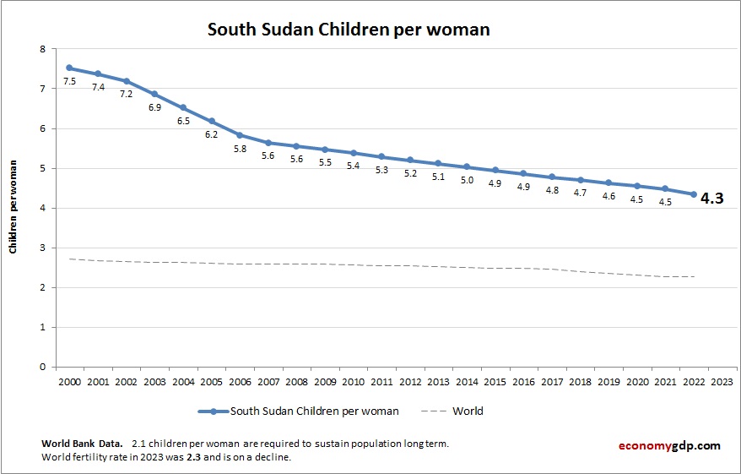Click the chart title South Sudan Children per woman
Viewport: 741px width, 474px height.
click(349, 30)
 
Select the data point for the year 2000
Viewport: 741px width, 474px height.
click(68, 68)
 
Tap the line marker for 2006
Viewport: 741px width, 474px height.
click(240, 134)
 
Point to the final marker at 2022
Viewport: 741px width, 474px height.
click(694, 194)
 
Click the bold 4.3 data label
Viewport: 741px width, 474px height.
click(712, 200)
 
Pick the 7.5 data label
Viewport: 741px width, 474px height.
click(69, 82)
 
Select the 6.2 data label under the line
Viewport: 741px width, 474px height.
click(211, 135)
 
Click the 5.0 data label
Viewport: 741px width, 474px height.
click(467, 180)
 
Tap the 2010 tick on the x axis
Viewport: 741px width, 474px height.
click(353, 381)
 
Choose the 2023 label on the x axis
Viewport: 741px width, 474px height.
click(722, 381)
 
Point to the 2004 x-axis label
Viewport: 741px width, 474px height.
click(182, 381)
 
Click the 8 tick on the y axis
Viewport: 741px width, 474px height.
click(42, 49)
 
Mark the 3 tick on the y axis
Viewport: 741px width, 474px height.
click(42, 248)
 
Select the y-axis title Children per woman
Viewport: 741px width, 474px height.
click(14, 207)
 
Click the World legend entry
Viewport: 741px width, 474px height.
click(468, 411)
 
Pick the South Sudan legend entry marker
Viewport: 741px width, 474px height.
click(214, 411)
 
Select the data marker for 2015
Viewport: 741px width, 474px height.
click(495, 170)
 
